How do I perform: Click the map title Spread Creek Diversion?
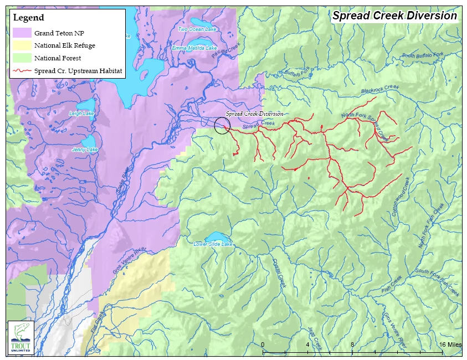pyautogui.click(x=394, y=16)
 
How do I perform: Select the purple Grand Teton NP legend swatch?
pyautogui.click(x=20, y=33)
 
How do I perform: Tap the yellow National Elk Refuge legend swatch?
pyautogui.click(x=20, y=45)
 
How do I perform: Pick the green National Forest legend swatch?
pyautogui.click(x=20, y=58)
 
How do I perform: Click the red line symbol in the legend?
pyautogui.click(x=20, y=71)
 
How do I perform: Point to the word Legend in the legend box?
pyautogui.click(x=28, y=18)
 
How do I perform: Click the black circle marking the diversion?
pyautogui.click(x=222, y=126)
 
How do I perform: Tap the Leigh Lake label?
pyautogui.click(x=81, y=114)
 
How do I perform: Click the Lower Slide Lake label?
pyautogui.click(x=213, y=244)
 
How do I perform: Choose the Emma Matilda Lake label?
pyautogui.click(x=194, y=48)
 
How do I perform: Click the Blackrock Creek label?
pyautogui.click(x=380, y=88)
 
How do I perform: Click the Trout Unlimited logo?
pyautogui.click(x=20, y=337)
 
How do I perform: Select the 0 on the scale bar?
pyautogui.click(x=263, y=344)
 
